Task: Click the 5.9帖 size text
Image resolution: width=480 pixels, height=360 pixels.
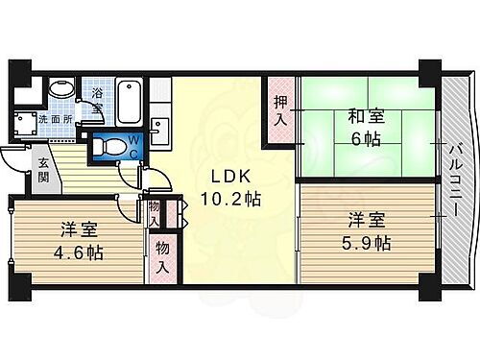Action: pos(368,244)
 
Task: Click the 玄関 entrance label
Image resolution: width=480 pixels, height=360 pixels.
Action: pos(44,170)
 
